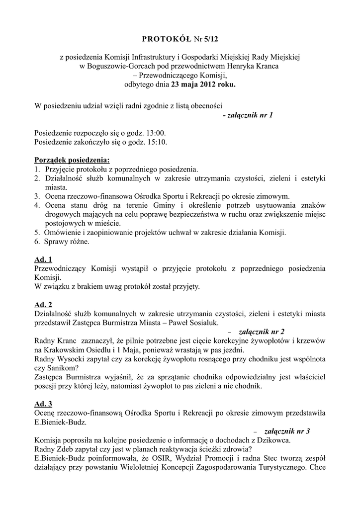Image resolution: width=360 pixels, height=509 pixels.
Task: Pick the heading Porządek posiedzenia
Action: tap(72, 160)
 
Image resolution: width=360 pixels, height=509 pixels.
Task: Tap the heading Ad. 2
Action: tap(43, 304)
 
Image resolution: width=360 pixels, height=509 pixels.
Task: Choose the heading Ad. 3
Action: tap(43, 404)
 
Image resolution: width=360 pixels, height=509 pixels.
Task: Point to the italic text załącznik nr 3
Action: tap(287, 431)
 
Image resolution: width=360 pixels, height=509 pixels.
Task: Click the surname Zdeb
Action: tap(68, 449)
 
